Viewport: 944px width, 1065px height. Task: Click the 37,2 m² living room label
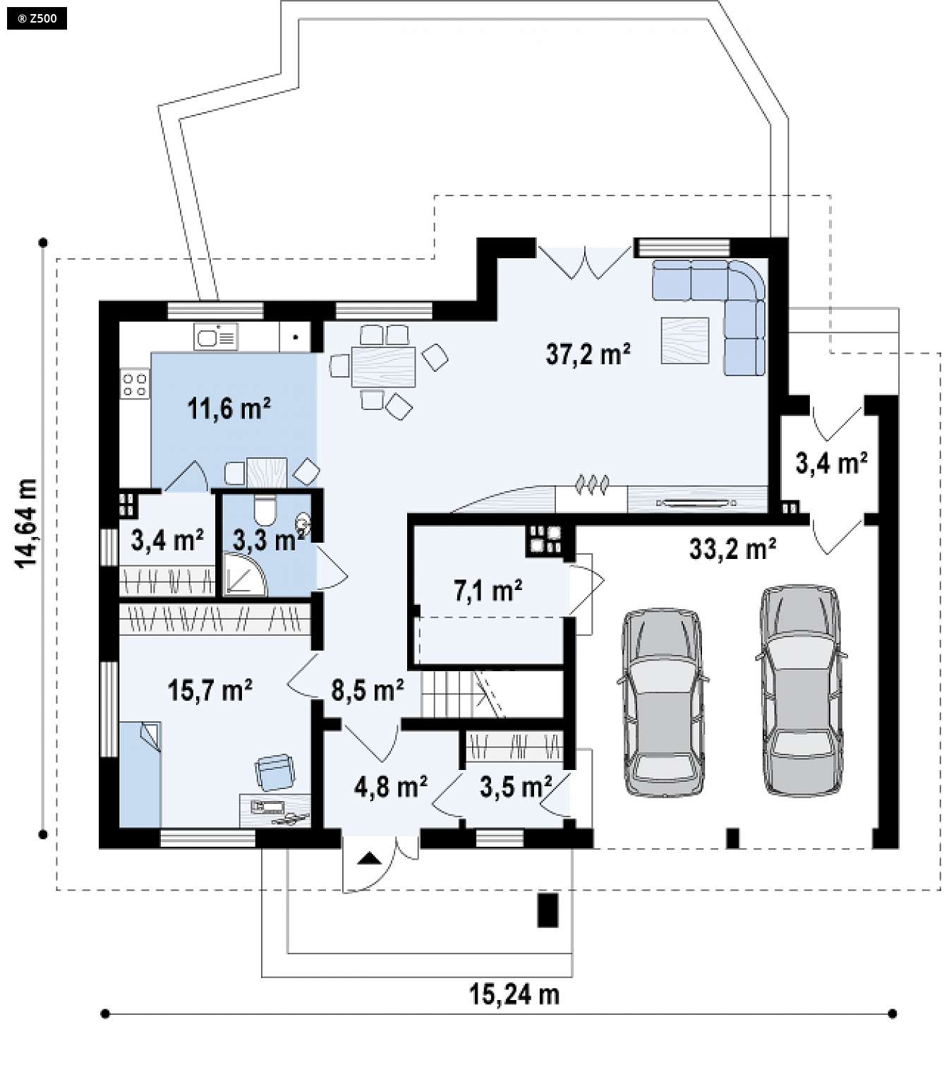click(x=588, y=354)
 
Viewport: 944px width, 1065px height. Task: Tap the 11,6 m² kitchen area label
click(x=229, y=409)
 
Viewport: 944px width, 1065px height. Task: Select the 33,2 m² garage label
click(x=732, y=549)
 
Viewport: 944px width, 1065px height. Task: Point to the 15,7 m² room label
click(x=210, y=690)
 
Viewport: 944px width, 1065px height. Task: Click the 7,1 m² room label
click(x=488, y=591)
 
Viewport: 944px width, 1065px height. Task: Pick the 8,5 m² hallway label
click(x=368, y=690)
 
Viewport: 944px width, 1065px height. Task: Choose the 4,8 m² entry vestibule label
click(x=391, y=787)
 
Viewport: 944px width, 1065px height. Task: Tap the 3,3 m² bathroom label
click(x=269, y=540)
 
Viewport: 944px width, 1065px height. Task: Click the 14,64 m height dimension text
click(x=26, y=523)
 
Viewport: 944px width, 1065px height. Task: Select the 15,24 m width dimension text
click(x=514, y=994)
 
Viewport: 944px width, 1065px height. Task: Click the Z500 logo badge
click(x=37, y=19)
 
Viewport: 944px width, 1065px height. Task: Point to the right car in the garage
click(x=801, y=691)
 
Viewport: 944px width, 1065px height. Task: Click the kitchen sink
click(x=215, y=337)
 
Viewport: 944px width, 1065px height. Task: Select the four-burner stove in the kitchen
click(x=135, y=384)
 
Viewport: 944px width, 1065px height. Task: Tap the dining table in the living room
click(x=383, y=367)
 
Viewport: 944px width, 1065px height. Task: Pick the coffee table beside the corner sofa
click(x=685, y=340)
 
